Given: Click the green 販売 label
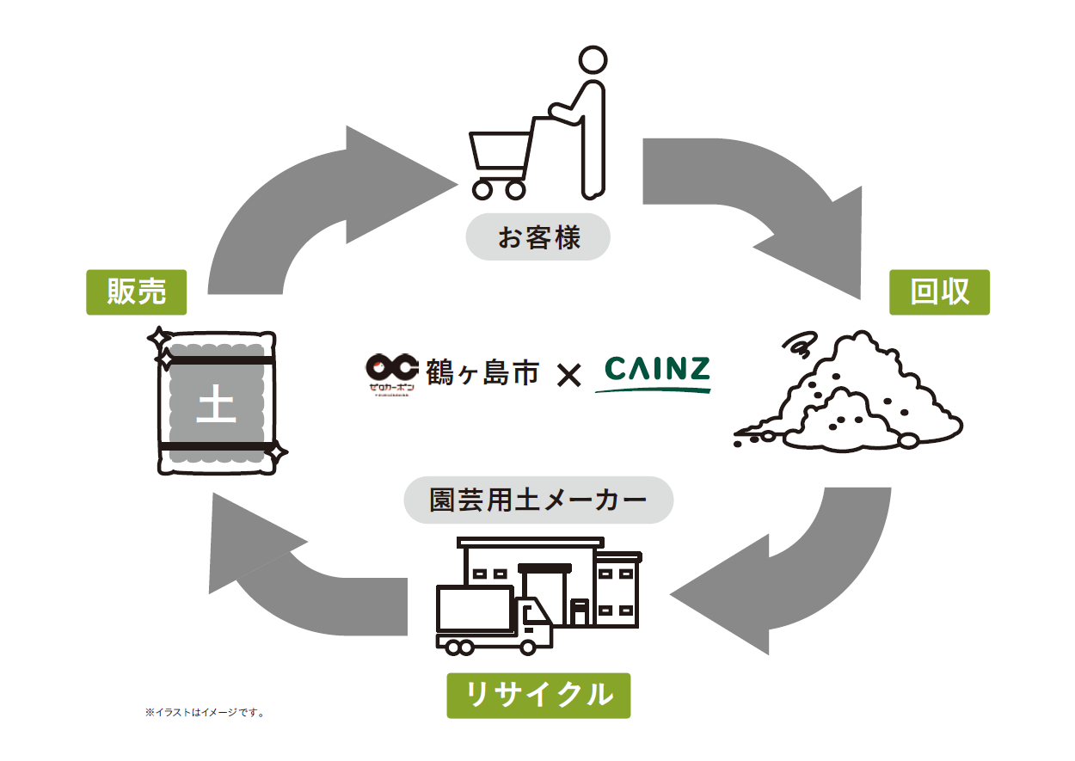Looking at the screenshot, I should pos(137,292).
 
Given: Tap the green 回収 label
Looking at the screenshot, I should pos(939,292).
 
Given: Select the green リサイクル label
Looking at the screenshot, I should pos(538,695).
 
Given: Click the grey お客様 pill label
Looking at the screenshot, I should pos(538,236).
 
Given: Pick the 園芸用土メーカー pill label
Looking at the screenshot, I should pos(538,500).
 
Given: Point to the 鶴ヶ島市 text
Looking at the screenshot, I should pos(482,372).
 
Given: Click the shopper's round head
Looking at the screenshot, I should pos(593,61).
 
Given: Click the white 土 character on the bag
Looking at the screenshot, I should pos(216,405).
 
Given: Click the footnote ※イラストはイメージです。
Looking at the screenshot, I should pos(205,713).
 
